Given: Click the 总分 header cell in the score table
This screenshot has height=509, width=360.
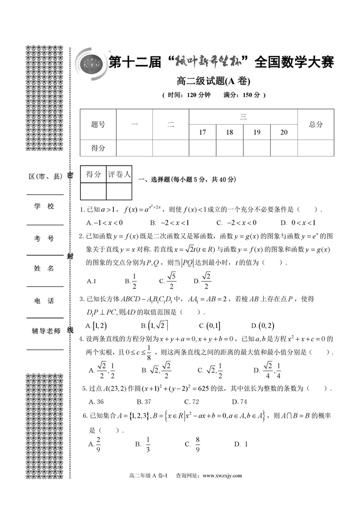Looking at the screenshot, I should click(316, 125).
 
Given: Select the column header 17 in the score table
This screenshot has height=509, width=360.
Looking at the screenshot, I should click(202, 132).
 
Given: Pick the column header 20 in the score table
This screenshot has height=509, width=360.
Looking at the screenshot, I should click(284, 132).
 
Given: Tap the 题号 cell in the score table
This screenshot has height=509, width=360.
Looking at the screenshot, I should click(98, 125).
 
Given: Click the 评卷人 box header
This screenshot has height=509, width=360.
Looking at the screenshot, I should click(119, 174).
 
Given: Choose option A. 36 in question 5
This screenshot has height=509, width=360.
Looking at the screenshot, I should click(96, 402).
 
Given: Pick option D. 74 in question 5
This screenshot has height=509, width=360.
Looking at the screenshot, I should click(240, 402).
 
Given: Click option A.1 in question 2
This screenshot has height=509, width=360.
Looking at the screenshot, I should click(92, 281).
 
